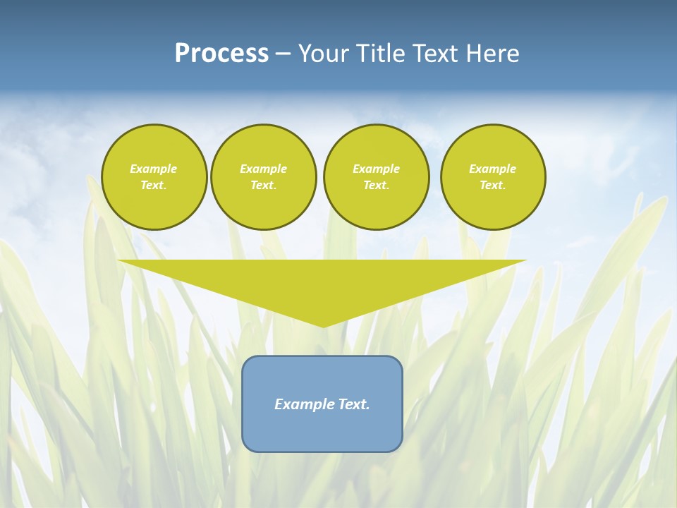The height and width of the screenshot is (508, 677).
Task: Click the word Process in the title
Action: [221, 54]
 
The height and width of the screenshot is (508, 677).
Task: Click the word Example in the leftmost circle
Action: [154, 169]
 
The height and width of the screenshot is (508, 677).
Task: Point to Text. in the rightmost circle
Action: [493, 185]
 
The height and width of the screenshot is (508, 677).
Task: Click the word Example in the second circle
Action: [263, 169]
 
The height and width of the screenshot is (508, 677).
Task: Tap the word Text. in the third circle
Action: [376, 185]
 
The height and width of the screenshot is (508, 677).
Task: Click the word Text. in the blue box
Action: [353, 404]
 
